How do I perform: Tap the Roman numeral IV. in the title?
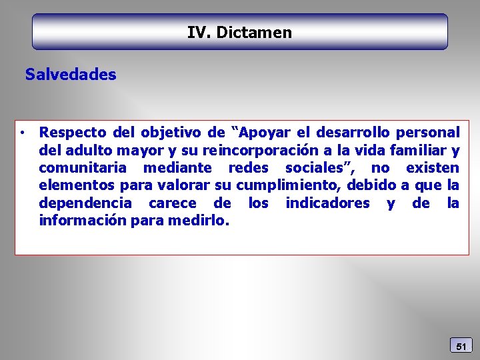[x=199, y=32]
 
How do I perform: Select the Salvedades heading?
[x=71, y=75]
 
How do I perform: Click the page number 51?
[x=461, y=346]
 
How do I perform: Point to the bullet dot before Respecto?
[x=23, y=132]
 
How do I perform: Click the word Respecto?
[x=69, y=132]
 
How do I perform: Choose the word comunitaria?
[x=83, y=167]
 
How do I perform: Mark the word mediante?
[x=177, y=167]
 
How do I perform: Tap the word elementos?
[x=77, y=185]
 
